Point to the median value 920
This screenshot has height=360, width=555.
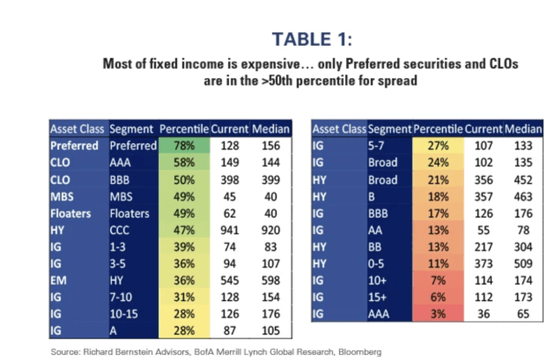[270, 230]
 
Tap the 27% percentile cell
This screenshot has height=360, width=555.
[439, 147]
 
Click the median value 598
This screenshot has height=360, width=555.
[270, 280]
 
